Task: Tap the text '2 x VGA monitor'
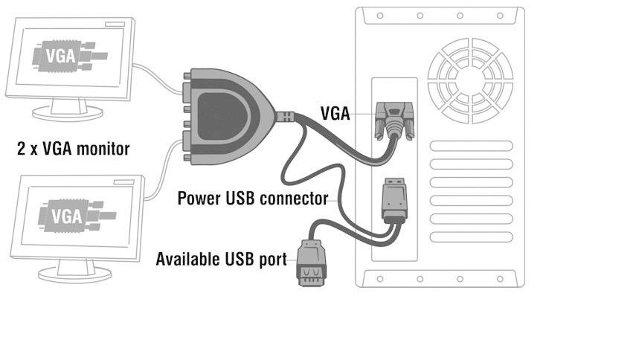(73, 149)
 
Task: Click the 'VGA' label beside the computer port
(335, 113)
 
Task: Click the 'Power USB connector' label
(253, 199)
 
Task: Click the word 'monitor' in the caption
(103, 149)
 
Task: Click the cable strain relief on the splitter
(286, 117)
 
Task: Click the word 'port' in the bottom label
(271, 260)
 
